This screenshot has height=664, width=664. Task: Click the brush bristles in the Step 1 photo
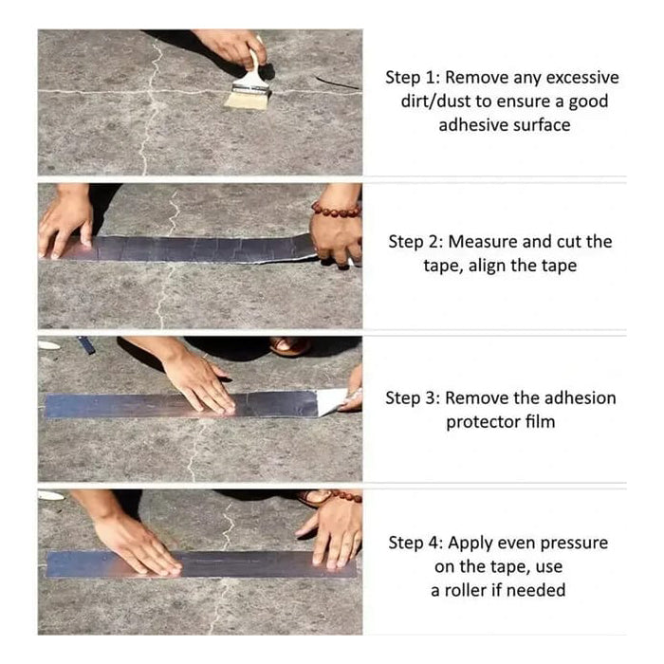(x=243, y=97)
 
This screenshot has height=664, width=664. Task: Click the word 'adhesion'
(x=580, y=397)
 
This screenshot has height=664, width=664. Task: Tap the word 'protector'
(x=484, y=421)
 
